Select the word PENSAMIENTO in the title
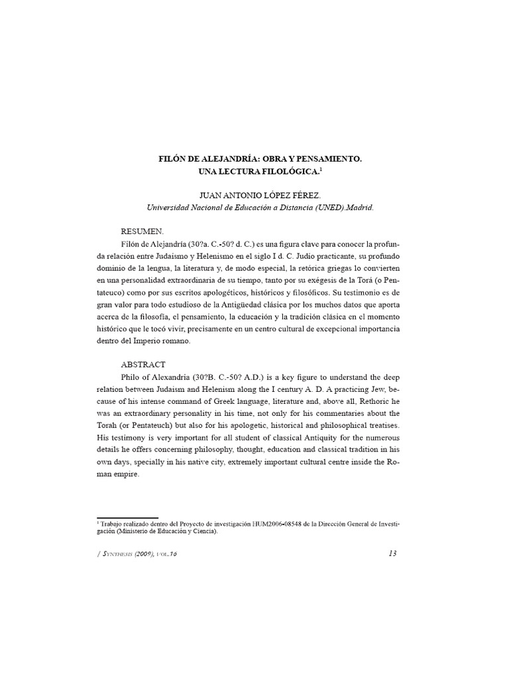pyautogui.click(x=330, y=160)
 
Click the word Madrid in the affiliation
pyautogui.click(x=360, y=207)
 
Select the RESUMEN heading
pyautogui.click(x=141, y=232)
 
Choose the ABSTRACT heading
pyautogui.click(x=143, y=365)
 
